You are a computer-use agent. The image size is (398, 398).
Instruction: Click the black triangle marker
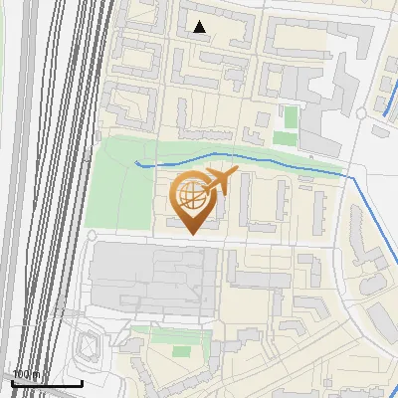pyautogui.click(x=200, y=27)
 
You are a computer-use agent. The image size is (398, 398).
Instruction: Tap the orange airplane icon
pyautogui.click(x=219, y=181)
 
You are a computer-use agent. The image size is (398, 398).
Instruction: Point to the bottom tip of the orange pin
pyautogui.click(x=193, y=233)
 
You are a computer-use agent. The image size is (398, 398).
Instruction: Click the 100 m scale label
pyautogui.click(x=26, y=374)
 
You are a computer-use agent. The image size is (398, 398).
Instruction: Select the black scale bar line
pyautogui.click(x=46, y=382)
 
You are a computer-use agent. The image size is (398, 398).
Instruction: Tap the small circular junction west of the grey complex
pyautogui.click(x=91, y=236)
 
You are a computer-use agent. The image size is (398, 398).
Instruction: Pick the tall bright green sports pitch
pyautogui.click(x=291, y=117)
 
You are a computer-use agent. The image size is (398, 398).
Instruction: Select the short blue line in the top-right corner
pyautogui.click(x=389, y=102)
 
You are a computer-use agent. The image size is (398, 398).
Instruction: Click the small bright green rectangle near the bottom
pyautogui.click(x=181, y=350)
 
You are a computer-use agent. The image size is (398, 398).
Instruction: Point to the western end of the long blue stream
pyautogui.click(x=136, y=162)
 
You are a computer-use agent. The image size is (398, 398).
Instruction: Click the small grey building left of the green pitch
pyautogui.click(x=262, y=134)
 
